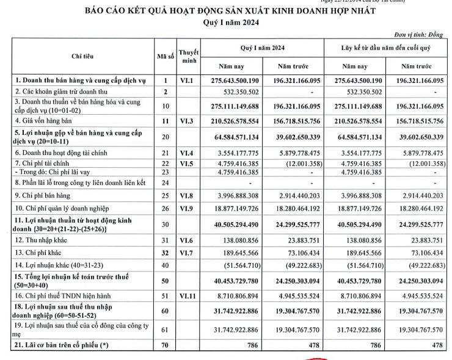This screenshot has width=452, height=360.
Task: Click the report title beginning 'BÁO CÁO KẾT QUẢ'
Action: (x=227, y=11)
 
